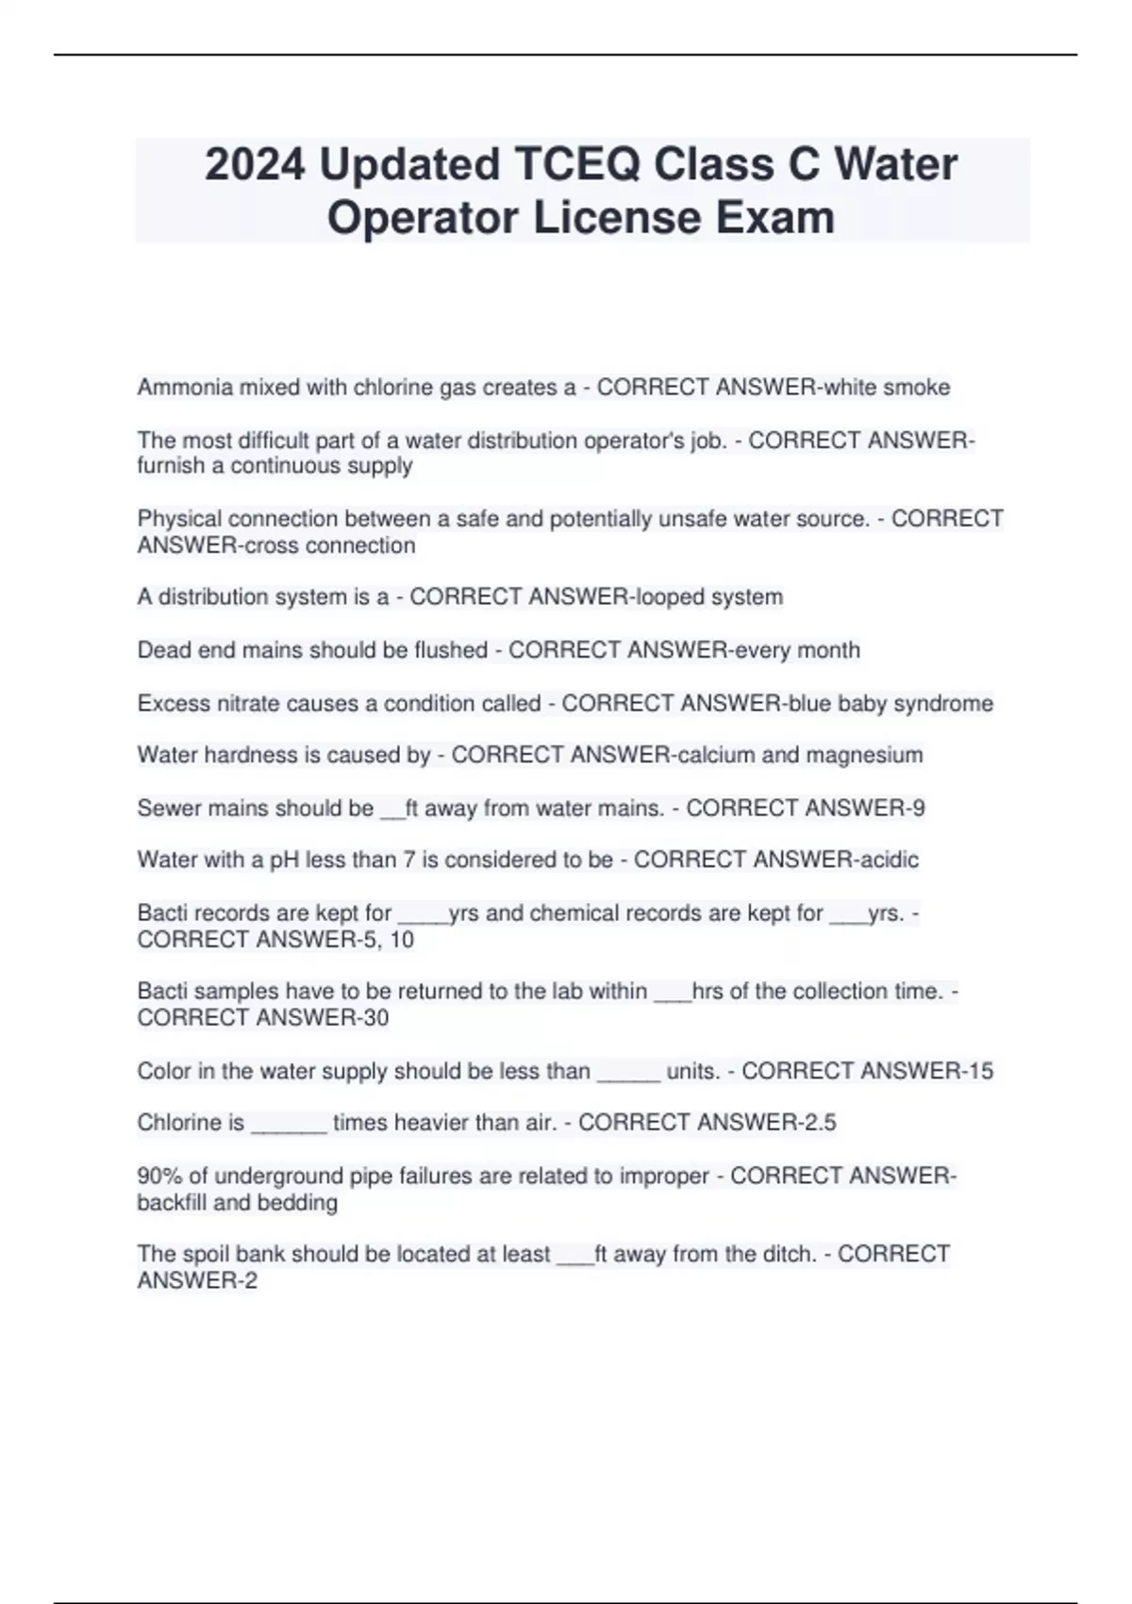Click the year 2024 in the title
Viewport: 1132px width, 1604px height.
[x=255, y=165]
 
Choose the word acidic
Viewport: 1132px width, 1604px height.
[x=887, y=860]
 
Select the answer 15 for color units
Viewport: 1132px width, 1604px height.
[x=980, y=1072]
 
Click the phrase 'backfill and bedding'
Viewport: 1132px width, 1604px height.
[x=237, y=1203]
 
